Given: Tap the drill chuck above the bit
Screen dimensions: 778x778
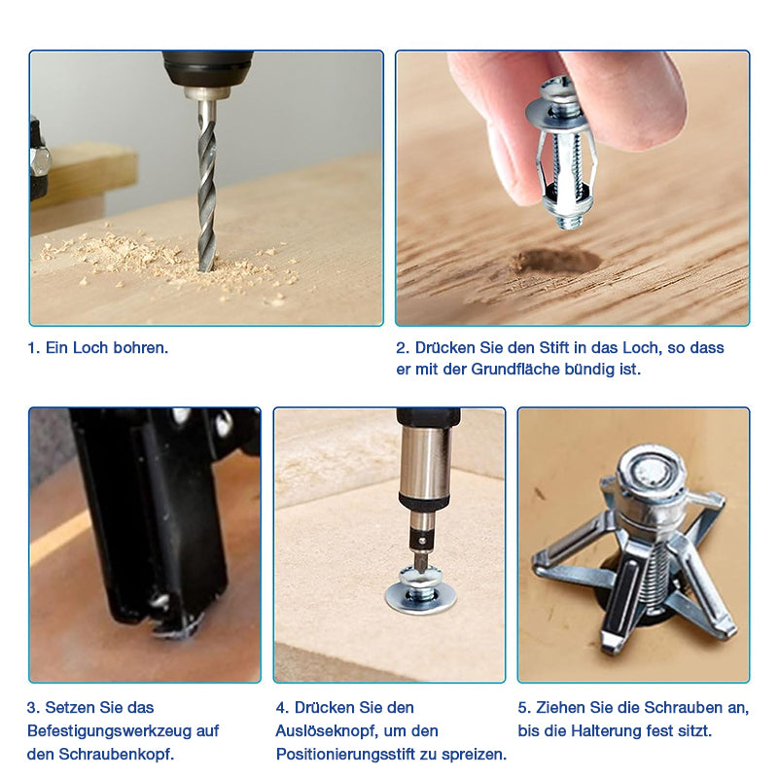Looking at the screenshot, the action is pyautogui.click(x=207, y=75).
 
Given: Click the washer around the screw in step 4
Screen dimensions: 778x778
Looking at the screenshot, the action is pyautogui.click(x=421, y=598).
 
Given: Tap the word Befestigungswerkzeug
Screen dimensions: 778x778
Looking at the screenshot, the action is pyautogui.click(x=112, y=731).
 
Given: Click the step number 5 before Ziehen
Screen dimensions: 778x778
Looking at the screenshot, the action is pyautogui.click(x=523, y=708).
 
